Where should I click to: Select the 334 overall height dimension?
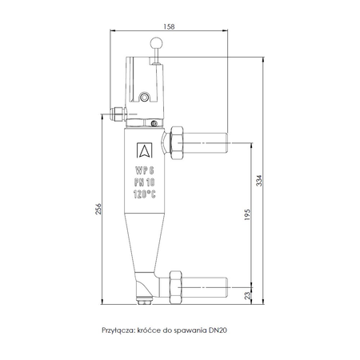coord(258,182)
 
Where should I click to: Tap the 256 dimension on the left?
coord(98,210)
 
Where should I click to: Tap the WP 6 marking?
coord(145,170)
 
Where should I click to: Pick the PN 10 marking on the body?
coord(145,182)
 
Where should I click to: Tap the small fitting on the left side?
coord(118,114)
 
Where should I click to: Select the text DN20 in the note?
coord(218,329)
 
